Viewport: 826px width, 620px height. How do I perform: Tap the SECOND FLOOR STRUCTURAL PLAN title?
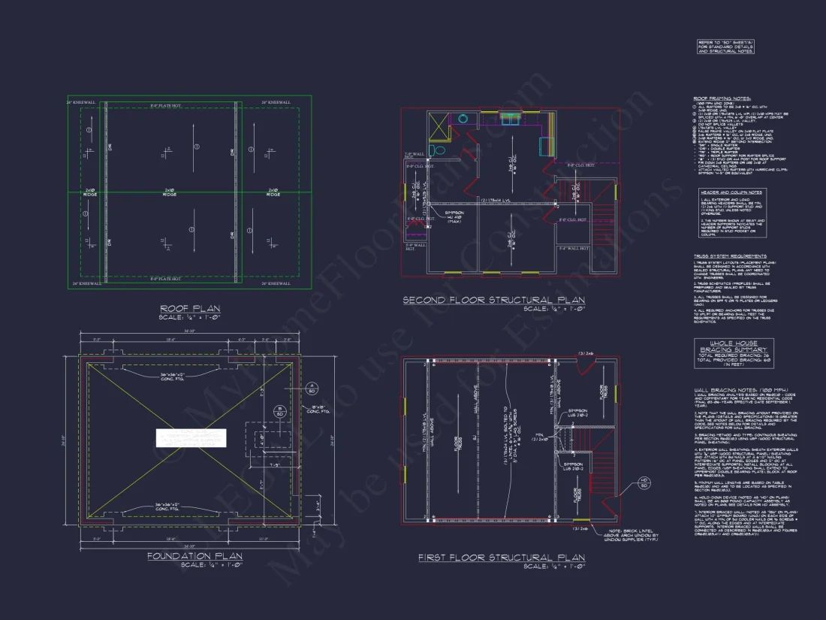pyautogui.click(x=493, y=300)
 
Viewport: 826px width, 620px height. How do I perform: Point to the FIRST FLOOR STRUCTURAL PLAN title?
pyautogui.click(x=501, y=557)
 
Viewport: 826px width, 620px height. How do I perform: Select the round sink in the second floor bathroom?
pyautogui.click(x=463, y=119)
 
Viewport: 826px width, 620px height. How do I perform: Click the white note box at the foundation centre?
pyautogui.click(x=191, y=438)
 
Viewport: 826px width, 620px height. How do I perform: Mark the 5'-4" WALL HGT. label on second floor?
pyautogui.click(x=574, y=247)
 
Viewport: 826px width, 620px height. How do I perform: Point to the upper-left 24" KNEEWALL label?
pyautogui.click(x=82, y=101)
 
